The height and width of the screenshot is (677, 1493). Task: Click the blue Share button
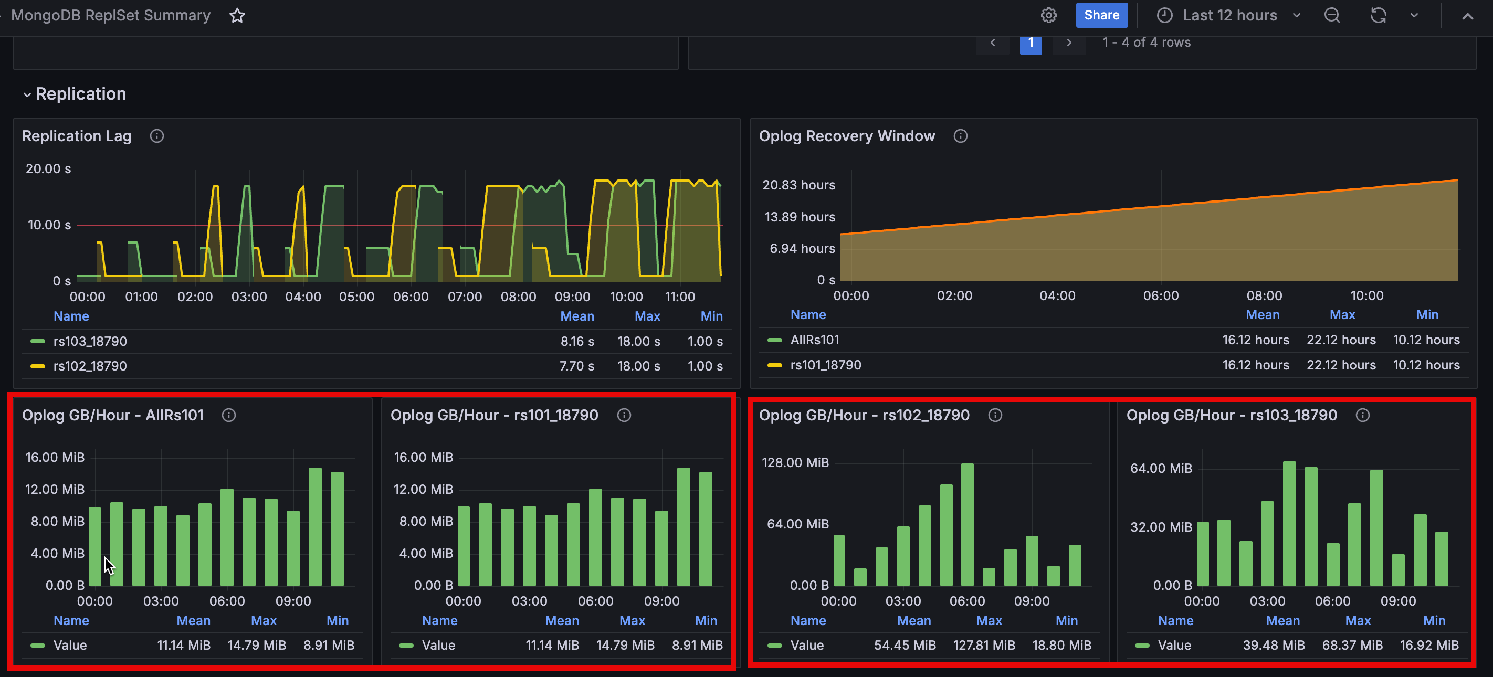[1101, 15]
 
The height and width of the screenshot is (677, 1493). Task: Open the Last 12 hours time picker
[1229, 15]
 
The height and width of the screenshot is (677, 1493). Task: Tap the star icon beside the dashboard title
[237, 15]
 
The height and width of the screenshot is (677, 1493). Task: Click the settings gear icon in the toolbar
[1048, 15]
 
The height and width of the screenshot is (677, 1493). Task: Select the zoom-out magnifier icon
[1332, 15]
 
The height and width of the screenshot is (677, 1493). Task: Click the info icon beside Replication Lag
[156, 136]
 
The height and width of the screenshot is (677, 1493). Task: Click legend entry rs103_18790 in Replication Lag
[90, 342]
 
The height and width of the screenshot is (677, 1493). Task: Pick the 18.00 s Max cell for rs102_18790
[638, 366]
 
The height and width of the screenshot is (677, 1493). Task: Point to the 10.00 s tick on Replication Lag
[49, 225]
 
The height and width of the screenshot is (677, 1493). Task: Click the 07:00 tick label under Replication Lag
[464, 297]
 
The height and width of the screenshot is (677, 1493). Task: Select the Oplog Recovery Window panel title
[846, 136]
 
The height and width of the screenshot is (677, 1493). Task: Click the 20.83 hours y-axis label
[798, 185]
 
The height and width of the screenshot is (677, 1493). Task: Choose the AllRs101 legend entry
[814, 340]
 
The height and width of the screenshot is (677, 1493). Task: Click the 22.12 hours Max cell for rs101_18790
[1341, 365]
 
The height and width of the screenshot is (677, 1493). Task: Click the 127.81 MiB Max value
[984, 645]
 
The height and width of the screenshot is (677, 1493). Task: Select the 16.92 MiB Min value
[1428, 645]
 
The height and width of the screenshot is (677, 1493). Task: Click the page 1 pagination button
[1030, 43]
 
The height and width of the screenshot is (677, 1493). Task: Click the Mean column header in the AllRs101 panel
[193, 620]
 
